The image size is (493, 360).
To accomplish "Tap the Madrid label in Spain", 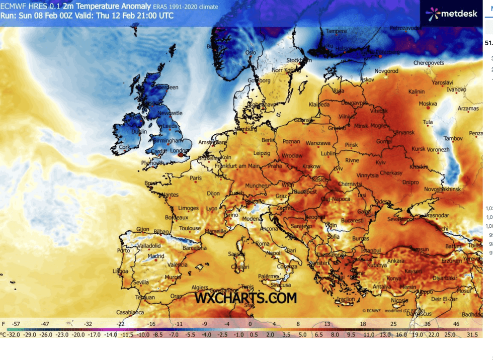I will point(156,256).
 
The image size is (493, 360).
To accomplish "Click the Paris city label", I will point(196,178).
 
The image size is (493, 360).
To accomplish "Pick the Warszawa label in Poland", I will point(317,143).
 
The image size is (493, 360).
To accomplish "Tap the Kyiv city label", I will point(380,163).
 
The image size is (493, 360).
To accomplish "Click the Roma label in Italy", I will point(263,244).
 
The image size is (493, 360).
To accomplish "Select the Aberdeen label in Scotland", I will point(168,87).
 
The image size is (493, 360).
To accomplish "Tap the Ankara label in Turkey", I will point(395,261).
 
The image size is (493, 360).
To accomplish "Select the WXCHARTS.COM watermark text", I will point(245,298).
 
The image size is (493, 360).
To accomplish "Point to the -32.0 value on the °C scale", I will point(13,334).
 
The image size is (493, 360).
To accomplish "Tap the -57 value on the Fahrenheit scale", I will point(16,324).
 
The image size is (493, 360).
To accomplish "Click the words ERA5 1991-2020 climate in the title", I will point(187,7).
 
